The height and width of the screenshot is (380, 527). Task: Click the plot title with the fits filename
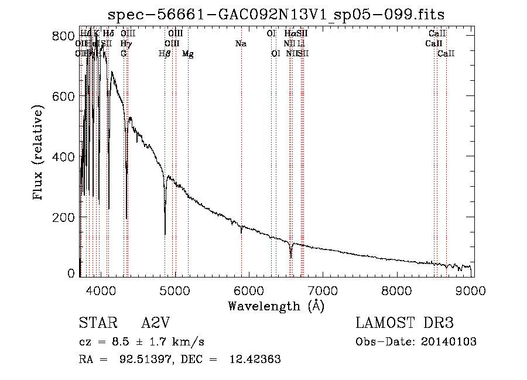[x=280, y=15]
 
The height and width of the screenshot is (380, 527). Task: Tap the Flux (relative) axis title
[x=39, y=153]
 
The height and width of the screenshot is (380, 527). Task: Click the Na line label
[x=241, y=44]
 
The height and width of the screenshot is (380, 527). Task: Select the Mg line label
[x=188, y=54]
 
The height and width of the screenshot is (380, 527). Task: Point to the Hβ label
[x=165, y=54]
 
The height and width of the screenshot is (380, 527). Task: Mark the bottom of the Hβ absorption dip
[x=165, y=234]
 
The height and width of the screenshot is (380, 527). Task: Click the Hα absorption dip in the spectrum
[x=291, y=256]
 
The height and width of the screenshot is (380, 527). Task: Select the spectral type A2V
[x=156, y=323]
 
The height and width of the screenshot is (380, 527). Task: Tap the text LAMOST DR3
[x=404, y=323]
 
